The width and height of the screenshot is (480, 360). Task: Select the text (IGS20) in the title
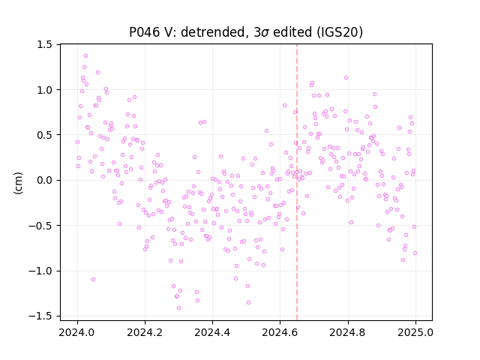(x=340, y=32)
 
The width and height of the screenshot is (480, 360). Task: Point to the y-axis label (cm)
(x=18, y=183)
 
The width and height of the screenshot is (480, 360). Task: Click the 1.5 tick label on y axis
(x=45, y=45)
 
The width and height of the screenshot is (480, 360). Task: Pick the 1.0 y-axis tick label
(x=45, y=90)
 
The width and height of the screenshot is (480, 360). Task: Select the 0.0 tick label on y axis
(x=45, y=180)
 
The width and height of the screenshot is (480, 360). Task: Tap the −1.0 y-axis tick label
(x=41, y=271)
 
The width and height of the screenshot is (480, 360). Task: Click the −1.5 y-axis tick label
(x=41, y=316)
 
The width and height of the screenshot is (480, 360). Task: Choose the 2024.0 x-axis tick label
(x=77, y=332)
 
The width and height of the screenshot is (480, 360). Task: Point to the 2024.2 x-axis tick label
(x=145, y=332)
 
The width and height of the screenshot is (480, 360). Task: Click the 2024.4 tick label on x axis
(x=212, y=332)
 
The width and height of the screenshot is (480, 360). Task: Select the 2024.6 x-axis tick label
(x=280, y=332)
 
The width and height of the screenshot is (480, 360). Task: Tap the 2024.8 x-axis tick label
(x=348, y=332)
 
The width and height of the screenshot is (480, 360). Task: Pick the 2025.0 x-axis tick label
(x=415, y=332)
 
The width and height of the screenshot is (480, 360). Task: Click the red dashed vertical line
(x=297, y=182)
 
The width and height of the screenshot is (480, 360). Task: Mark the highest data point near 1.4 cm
(x=86, y=56)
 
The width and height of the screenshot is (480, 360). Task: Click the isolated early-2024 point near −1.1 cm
(x=93, y=280)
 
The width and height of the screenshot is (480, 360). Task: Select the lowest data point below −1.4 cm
(x=178, y=308)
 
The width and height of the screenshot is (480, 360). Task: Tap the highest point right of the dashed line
(x=346, y=78)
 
